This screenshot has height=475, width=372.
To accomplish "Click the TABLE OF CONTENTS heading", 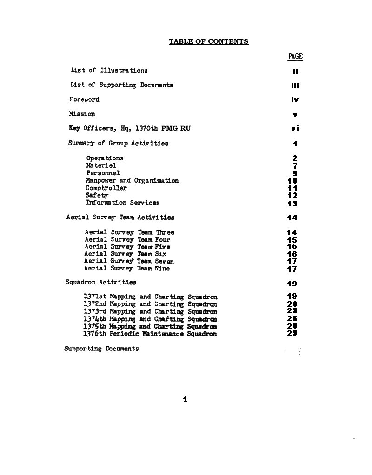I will pos(208,42).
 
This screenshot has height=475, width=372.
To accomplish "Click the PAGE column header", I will pos(295,57).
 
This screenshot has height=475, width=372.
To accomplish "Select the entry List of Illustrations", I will pos(109,71).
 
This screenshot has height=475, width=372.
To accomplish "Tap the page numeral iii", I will pos(295,86).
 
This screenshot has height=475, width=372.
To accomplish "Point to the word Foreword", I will pos(84,99).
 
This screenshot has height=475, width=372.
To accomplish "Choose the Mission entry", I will pos(82,114).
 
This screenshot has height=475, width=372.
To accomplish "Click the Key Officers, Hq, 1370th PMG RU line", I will pos(130,129).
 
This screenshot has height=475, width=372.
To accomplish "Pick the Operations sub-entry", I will pos(105,158).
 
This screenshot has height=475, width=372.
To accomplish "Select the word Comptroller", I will pos(106,188).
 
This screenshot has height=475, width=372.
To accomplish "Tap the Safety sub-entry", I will pos(97,196).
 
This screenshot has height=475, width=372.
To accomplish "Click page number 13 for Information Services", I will pos(292,204).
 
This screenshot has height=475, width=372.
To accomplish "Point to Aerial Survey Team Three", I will pos(130,232).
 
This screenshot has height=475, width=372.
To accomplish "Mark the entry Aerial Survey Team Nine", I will pos(127,269).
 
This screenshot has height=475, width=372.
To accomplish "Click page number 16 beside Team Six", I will pos(292,255).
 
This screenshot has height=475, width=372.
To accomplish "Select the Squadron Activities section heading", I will pos(101,282).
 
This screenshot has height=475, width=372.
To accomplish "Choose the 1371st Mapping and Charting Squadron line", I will pos(150,297).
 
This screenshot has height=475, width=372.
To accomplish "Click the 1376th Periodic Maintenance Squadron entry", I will pos(150,334).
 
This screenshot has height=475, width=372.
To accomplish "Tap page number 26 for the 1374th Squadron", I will pos(292,319).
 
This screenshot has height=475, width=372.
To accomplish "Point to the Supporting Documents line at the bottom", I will pos(101,349).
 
